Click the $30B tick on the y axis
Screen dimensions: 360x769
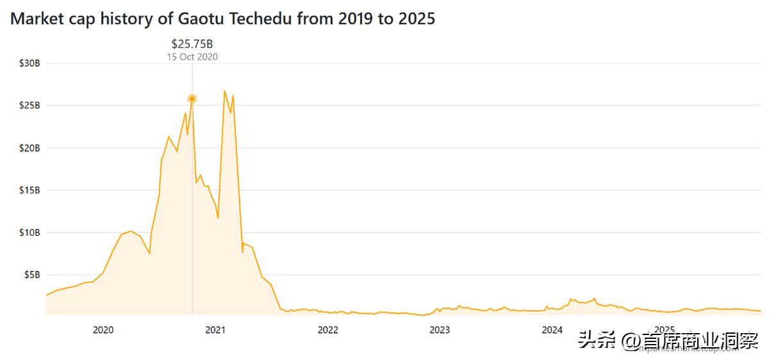(30, 63)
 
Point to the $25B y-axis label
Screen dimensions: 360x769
(30, 105)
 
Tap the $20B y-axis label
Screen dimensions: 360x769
(30, 147)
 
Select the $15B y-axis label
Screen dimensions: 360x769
(30, 190)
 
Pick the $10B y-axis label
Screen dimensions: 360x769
(30, 232)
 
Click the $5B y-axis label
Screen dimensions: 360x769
(32, 274)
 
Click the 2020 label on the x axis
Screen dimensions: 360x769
(103, 331)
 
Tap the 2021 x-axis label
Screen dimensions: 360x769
(215, 331)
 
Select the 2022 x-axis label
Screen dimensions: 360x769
(327, 331)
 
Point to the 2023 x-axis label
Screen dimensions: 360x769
(440, 331)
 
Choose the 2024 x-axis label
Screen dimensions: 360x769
(552, 331)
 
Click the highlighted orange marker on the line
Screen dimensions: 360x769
(192, 99)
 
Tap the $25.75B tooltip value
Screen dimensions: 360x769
(192, 44)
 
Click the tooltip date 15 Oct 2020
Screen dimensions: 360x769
(192, 56)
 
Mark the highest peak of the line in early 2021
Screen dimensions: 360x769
(224, 91)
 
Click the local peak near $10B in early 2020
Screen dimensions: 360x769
(131, 231)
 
